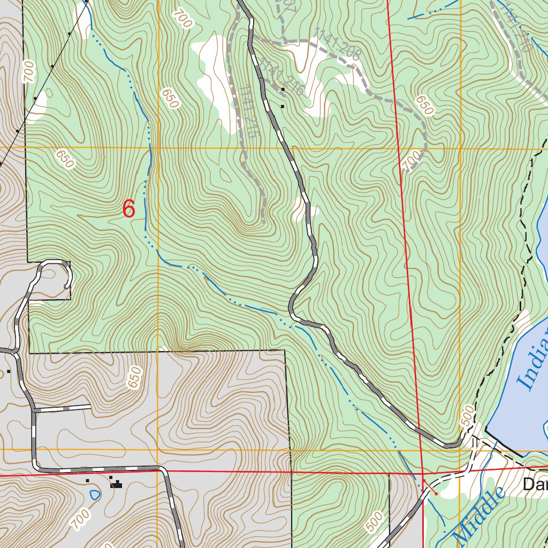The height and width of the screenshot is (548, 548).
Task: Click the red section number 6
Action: point(128,209)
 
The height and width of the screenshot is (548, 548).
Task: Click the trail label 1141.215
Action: point(247,112)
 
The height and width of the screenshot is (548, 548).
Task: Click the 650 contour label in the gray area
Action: point(134,377)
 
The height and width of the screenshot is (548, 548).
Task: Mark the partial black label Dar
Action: point(535,485)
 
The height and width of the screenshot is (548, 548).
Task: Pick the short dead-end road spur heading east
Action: point(62,408)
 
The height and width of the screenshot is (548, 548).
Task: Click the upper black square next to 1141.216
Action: point(283,89)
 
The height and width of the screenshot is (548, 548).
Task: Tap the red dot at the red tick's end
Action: point(436,493)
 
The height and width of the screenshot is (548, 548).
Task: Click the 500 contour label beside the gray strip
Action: point(375,521)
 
